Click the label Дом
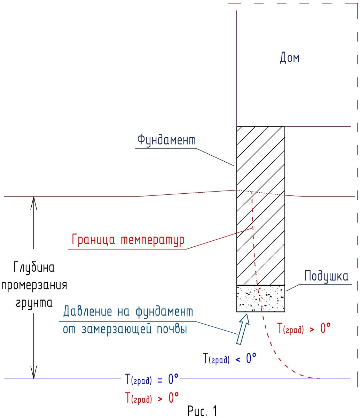[x=289, y=57]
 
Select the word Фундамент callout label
[x=166, y=140]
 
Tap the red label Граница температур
[x=128, y=240]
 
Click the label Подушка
[x=326, y=277]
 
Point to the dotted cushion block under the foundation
[x=260, y=298]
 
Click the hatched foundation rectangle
[x=260, y=206]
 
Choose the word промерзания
[x=34, y=286]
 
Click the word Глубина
[x=34, y=268]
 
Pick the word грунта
[x=34, y=303]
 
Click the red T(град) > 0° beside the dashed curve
[x=304, y=328]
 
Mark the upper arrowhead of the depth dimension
[x=34, y=202]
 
